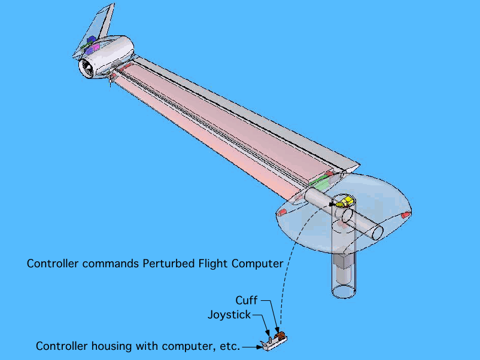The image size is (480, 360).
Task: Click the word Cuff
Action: tap(246, 300)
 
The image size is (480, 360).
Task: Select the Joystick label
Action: tap(229, 315)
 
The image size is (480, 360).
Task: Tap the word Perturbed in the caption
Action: tap(169, 264)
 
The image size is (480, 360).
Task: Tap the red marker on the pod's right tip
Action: tap(405, 214)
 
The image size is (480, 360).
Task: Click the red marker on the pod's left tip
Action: tap(281, 212)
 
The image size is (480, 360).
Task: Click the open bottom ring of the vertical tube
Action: tap(345, 292)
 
